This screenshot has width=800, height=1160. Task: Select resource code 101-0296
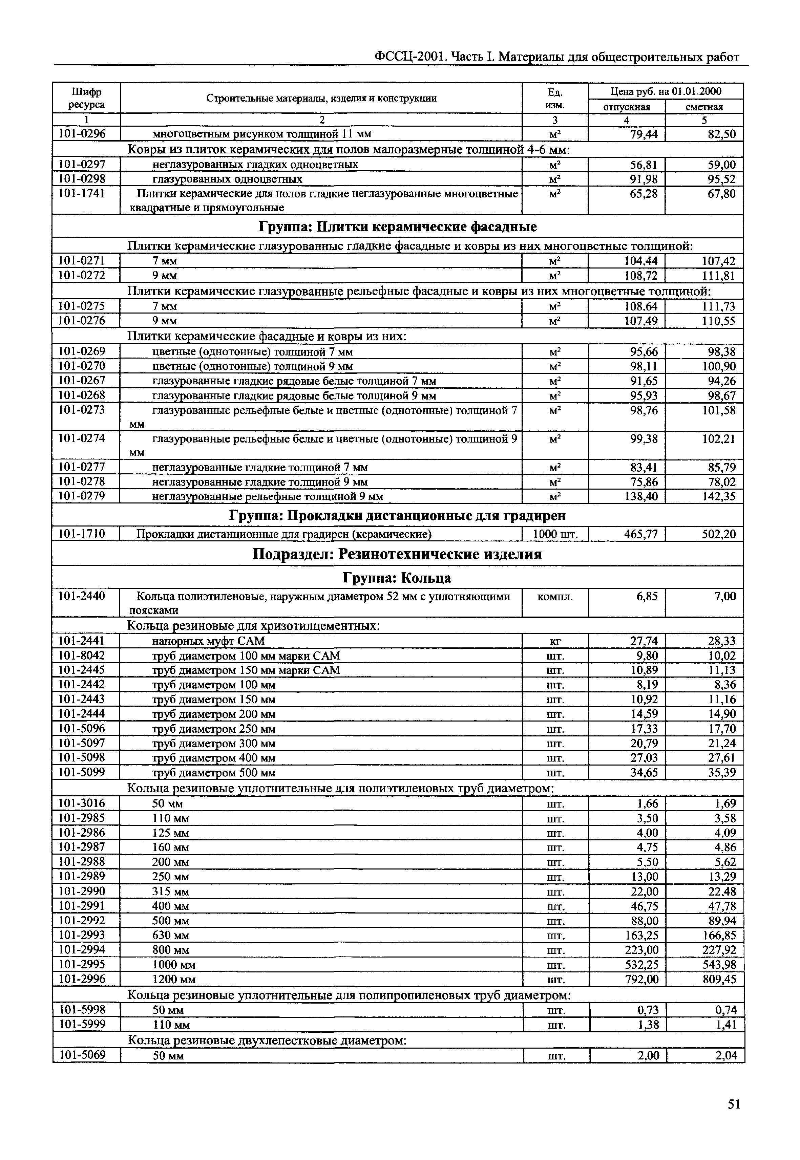[82, 134]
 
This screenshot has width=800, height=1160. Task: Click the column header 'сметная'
[704, 107]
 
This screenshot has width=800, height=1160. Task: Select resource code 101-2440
[82, 596]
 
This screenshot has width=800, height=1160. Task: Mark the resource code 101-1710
[82, 534]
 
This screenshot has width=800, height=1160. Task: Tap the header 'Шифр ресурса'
[86, 98]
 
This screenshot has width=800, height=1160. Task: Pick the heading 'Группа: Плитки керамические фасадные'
[398, 227]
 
